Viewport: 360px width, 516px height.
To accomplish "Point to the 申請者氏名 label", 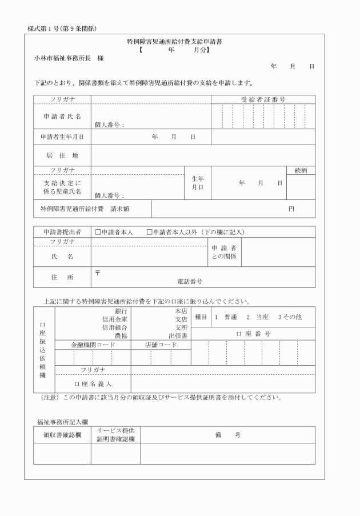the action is (62, 117).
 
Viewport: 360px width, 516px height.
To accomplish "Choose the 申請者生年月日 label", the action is (62, 137).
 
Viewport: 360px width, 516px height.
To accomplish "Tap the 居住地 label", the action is (62, 155).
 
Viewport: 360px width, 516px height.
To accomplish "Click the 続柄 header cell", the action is (301, 170).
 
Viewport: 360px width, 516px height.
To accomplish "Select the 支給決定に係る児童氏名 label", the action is (62, 187).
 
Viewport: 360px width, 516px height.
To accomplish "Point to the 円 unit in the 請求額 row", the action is (291, 209).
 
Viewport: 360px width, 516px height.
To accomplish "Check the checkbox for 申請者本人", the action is (98, 232).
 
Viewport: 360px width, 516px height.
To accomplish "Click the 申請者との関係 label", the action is (224, 252).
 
